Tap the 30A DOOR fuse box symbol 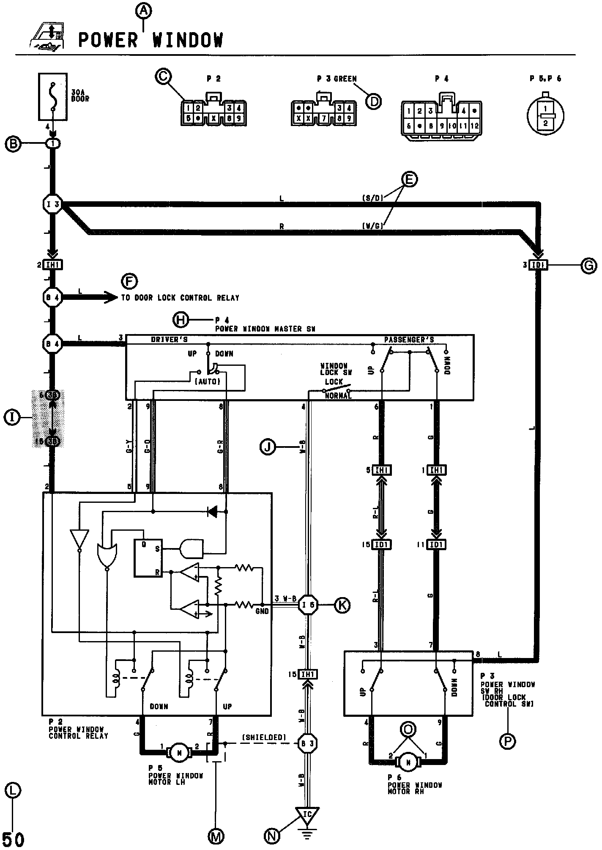tap(52, 96)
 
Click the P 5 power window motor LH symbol tap(180, 751)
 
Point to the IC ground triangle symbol tap(307, 814)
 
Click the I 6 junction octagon tap(307, 605)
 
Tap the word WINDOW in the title tap(187, 40)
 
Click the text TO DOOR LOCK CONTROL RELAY tap(180, 298)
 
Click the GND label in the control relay tap(262, 611)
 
